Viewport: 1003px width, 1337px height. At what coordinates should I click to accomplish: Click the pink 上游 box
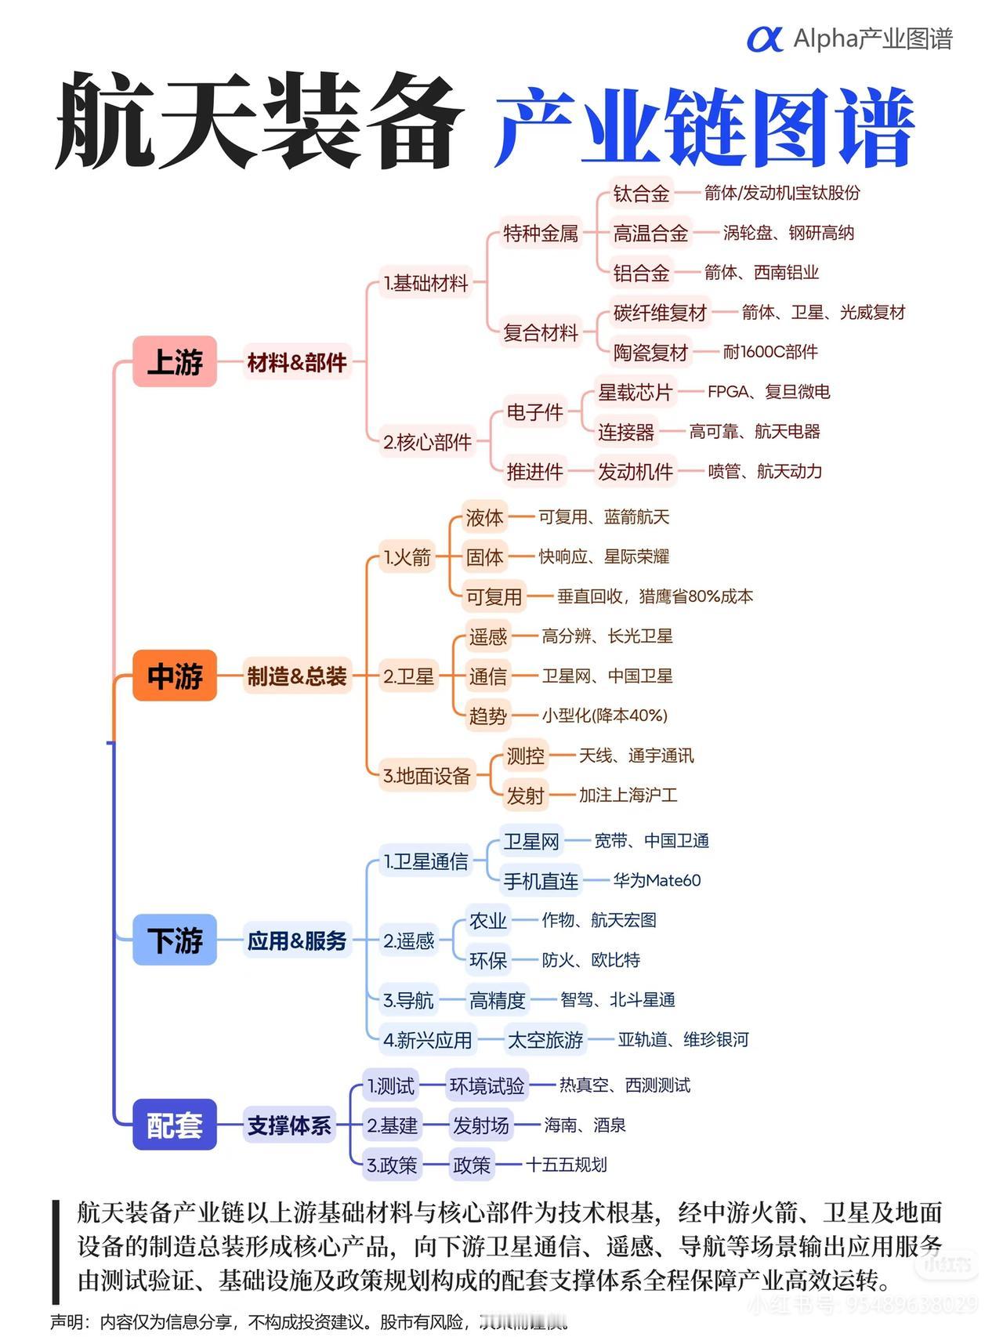[x=174, y=362]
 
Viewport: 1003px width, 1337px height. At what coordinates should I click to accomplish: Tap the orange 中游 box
[x=174, y=676]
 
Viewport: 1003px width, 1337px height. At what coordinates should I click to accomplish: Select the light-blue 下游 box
[x=174, y=940]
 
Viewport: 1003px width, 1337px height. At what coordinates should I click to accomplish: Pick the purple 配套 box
[x=174, y=1125]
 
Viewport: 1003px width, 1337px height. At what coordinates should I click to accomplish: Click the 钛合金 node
[x=641, y=194]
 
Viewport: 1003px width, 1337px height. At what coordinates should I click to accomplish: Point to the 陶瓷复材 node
[x=650, y=352]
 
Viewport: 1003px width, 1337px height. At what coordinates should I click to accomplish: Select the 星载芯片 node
[x=635, y=392]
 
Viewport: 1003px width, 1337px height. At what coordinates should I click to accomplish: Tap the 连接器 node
[x=625, y=432]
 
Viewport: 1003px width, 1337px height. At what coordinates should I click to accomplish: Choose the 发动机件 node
[x=635, y=471]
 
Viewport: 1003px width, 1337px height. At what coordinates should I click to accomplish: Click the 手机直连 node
[x=541, y=881]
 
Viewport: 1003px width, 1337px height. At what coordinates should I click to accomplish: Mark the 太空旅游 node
[x=545, y=1040]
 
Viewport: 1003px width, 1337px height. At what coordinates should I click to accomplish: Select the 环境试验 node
[x=487, y=1085]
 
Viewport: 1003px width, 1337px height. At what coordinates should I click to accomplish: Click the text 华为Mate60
[x=657, y=881]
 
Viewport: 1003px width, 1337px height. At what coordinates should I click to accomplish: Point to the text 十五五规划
[x=566, y=1165]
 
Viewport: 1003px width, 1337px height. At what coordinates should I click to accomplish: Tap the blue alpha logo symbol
[x=764, y=39]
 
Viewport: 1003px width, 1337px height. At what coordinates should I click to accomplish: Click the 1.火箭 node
[x=407, y=557]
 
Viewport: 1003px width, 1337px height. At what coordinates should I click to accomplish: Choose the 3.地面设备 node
[x=426, y=776]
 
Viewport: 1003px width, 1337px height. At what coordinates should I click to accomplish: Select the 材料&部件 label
[x=296, y=362]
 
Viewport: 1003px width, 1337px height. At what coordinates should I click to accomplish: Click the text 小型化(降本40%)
[x=604, y=716]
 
